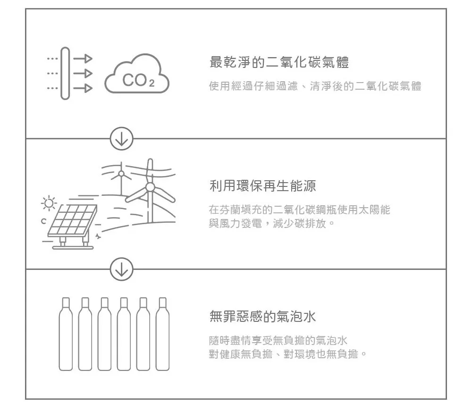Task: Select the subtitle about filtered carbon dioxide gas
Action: click(x=315, y=87)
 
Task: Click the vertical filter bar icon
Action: click(x=65, y=74)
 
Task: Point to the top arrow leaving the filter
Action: click(x=82, y=59)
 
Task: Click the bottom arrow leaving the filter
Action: click(x=82, y=88)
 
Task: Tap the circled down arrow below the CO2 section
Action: click(x=122, y=139)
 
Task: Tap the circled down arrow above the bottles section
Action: click(x=122, y=269)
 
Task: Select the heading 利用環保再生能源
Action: click(x=262, y=186)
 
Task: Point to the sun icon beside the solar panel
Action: click(x=49, y=203)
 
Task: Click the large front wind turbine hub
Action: click(x=150, y=187)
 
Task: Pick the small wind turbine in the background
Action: click(x=121, y=174)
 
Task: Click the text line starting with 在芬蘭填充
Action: click(x=300, y=210)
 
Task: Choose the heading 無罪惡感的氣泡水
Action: click(x=262, y=316)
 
